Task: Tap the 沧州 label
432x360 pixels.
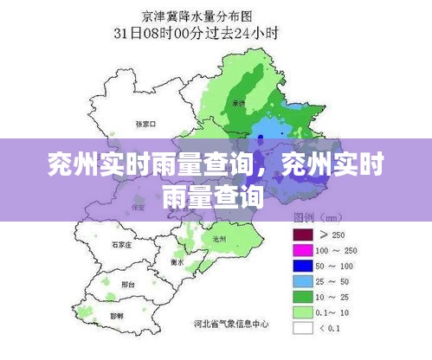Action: pyautogui.click(x=218, y=237)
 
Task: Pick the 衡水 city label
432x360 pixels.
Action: pyautogui.click(x=177, y=260)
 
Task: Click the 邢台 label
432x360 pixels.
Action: pyautogui.click(x=128, y=285)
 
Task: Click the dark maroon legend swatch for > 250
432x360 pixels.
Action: pyautogui.click(x=302, y=234)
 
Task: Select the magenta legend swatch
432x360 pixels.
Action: pyautogui.click(x=302, y=249)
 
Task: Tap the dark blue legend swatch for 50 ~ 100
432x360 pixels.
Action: pyautogui.click(x=302, y=265)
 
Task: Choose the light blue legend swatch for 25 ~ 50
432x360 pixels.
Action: pyautogui.click(x=302, y=280)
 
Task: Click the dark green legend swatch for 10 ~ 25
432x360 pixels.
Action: pyautogui.click(x=302, y=296)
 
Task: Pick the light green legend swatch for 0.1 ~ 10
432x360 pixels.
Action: pyautogui.click(x=302, y=312)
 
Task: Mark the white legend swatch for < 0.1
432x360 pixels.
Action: pyautogui.click(x=302, y=328)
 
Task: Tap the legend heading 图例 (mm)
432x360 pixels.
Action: pyautogui.click(x=315, y=216)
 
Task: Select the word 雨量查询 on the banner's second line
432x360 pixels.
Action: pyautogui.click(x=213, y=196)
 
